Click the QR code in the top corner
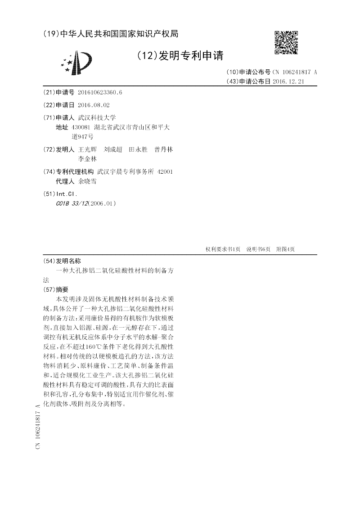click(x=286, y=42)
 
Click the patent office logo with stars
click(x=76, y=63)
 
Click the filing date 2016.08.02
click(x=94, y=105)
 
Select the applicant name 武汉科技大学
click(x=97, y=117)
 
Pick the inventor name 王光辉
click(x=87, y=149)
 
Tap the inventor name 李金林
click(x=87, y=159)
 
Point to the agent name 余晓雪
click(x=87, y=182)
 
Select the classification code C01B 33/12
click(x=72, y=203)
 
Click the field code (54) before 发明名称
click(x=49, y=261)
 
